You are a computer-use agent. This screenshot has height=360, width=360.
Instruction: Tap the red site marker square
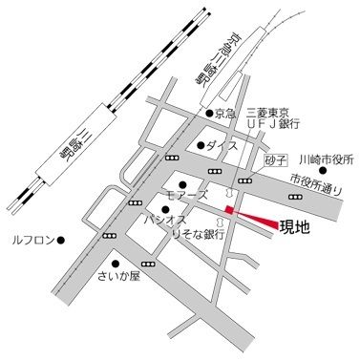click(x=229, y=210)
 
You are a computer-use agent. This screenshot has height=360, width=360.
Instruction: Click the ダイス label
click(x=222, y=146)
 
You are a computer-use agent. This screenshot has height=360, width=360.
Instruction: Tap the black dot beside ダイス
click(x=201, y=145)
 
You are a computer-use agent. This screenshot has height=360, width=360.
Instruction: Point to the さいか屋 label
click(x=119, y=277)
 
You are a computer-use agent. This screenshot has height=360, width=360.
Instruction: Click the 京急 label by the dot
click(x=224, y=114)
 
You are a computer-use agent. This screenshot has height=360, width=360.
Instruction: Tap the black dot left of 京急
click(x=208, y=114)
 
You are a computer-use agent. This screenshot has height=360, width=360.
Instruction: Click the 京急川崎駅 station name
click(x=201, y=59)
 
